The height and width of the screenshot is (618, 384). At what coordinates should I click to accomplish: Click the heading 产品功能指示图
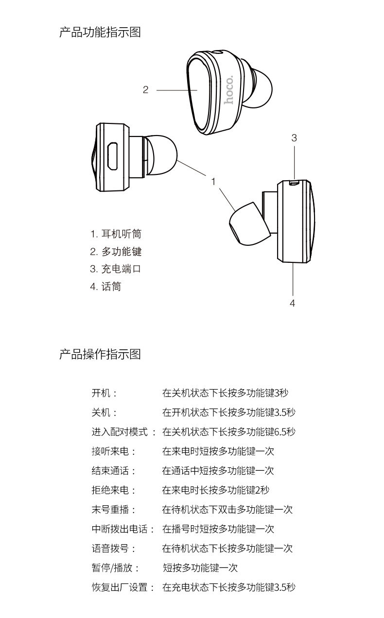(100, 33)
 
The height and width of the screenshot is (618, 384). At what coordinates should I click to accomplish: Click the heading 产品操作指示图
(100, 354)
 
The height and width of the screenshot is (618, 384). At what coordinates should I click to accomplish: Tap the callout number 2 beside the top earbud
(145, 90)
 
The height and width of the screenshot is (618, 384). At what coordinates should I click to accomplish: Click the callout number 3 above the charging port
(294, 138)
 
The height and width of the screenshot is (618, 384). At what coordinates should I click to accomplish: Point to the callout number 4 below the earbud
(292, 303)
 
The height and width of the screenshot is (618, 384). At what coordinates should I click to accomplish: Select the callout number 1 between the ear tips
(213, 181)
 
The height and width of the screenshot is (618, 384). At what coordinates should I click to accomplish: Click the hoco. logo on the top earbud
(228, 90)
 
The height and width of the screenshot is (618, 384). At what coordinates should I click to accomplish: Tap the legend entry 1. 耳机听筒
(116, 234)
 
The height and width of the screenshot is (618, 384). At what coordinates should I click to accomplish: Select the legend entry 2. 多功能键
(116, 251)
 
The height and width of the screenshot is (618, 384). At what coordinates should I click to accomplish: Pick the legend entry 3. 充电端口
(116, 269)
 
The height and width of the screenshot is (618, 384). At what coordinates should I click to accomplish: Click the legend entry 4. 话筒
(105, 286)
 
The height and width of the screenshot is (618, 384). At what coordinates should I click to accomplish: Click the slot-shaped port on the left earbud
(112, 155)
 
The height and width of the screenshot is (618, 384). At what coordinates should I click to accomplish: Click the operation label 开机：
(105, 393)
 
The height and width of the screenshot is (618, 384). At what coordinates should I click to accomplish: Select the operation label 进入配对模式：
(124, 432)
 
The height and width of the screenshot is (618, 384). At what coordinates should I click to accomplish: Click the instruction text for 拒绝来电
(216, 490)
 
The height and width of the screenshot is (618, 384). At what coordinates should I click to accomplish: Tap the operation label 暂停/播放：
(116, 568)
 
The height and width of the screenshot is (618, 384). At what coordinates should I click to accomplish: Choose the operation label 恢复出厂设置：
(123, 587)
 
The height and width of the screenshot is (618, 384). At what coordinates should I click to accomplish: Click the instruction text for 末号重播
(227, 510)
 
